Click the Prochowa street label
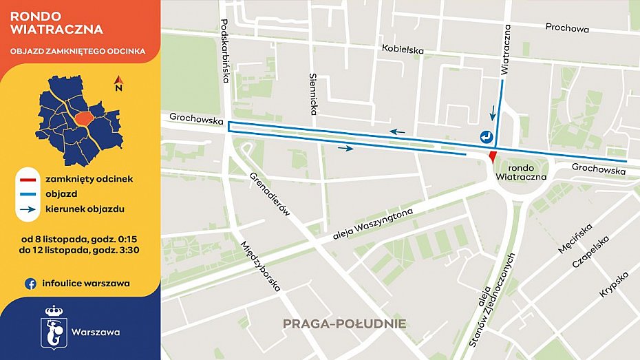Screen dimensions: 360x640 (x=567, y=28)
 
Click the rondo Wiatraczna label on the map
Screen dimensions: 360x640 (x=520, y=171)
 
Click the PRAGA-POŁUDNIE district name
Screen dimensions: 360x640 (x=344, y=324)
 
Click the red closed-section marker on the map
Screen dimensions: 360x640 (x=491, y=156)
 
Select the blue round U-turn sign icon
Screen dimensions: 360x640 (x=487, y=136)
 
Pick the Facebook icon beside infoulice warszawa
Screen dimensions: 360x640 (x=30, y=283)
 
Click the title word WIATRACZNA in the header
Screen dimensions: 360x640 (x=57, y=30)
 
